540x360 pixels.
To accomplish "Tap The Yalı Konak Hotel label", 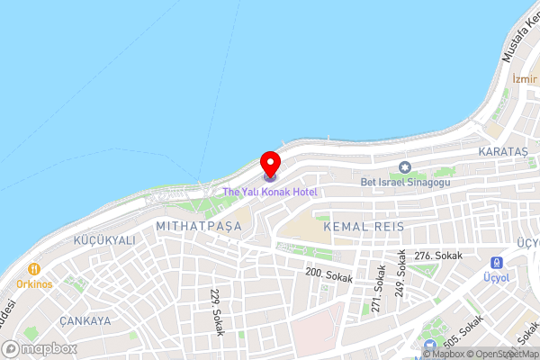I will (270, 192).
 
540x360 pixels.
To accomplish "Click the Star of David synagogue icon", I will (404, 166).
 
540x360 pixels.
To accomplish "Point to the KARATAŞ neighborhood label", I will (504, 150).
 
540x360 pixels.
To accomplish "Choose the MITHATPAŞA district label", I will (199, 226).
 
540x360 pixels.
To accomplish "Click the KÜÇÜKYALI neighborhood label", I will (105, 241).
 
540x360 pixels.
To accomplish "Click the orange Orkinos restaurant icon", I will (34, 268).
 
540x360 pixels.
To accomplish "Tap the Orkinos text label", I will (34, 283).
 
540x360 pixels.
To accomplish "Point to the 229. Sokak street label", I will (215, 308).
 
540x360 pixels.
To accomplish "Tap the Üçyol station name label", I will (497, 278).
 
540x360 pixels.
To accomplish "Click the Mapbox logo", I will (38, 348).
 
